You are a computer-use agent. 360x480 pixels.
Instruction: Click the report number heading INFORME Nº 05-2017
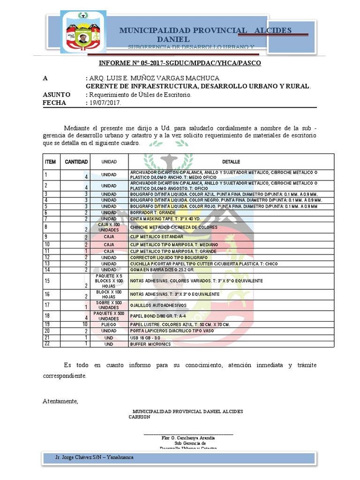tap(180, 63)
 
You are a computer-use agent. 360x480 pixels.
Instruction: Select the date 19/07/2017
tap(105, 103)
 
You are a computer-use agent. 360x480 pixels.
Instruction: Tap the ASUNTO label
tap(56, 95)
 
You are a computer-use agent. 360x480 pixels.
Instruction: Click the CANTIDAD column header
tap(76, 162)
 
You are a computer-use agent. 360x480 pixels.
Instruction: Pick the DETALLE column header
tap(231, 162)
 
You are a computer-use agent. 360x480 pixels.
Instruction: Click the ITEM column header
tap(50, 162)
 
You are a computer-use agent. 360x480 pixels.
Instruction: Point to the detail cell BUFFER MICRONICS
tap(150, 344)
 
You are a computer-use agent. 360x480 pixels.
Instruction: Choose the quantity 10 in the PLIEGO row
tap(85, 324)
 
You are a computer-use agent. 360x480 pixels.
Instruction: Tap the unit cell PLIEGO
tap(109, 324)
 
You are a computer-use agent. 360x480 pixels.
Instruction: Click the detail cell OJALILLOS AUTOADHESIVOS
tap(158, 306)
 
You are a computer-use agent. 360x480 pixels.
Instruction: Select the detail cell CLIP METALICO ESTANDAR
tap(157, 237)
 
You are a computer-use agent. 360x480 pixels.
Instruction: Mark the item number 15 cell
tap(47, 281)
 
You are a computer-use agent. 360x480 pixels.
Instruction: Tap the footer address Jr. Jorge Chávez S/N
tap(94, 457)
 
